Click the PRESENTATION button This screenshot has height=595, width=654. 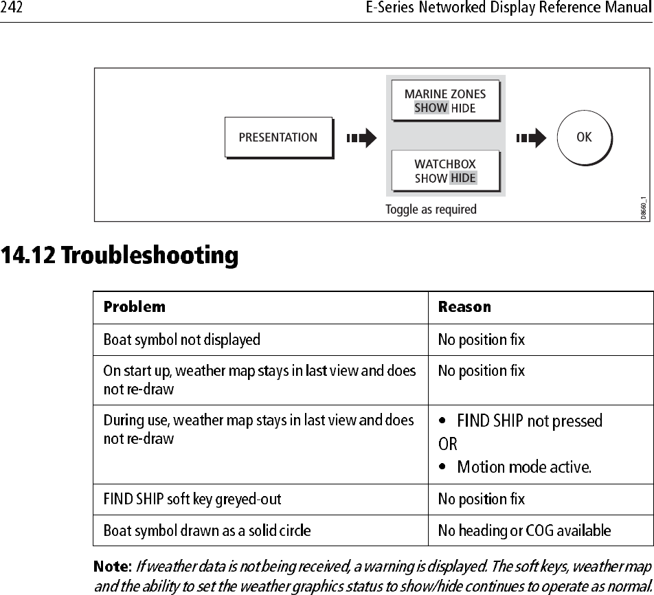[278, 137]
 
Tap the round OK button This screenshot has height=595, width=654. [583, 137]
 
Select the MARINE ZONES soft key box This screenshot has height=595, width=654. [445, 100]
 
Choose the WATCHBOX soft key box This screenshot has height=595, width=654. [445, 170]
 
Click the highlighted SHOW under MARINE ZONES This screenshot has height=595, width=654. [431, 108]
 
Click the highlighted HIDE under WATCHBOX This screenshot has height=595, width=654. [464, 178]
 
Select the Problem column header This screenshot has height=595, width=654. [135, 306]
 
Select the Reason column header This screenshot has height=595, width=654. [464, 306]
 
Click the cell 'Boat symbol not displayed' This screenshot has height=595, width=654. [181, 339]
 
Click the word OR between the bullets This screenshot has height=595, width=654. [447, 444]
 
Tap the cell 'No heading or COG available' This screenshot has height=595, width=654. [524, 530]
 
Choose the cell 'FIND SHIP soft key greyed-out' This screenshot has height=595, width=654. [192, 498]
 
